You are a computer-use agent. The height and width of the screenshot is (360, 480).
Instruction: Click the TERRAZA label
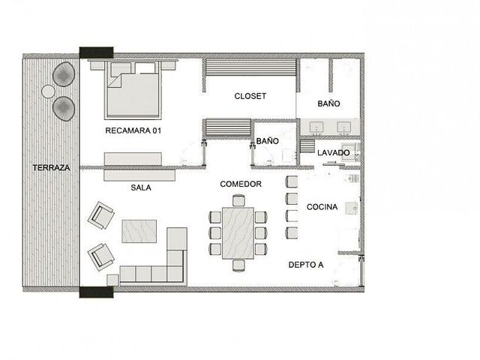click(x=51, y=168)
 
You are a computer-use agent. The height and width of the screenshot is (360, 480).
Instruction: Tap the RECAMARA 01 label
click(x=133, y=130)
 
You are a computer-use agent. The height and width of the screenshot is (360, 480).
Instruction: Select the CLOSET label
click(x=250, y=96)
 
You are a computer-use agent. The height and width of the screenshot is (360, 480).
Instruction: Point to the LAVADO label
click(x=333, y=153)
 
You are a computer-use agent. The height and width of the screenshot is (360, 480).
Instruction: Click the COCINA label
click(x=322, y=207)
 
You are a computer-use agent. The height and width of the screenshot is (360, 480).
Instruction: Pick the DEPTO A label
click(x=306, y=265)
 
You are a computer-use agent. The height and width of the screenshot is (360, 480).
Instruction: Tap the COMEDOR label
click(x=241, y=184)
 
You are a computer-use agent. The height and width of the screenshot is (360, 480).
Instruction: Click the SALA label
click(x=141, y=187)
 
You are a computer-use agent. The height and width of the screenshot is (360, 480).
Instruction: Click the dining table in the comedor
click(x=238, y=233)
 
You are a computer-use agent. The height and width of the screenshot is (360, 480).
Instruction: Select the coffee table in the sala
click(x=139, y=231)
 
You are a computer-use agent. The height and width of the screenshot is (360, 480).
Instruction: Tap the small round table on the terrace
click(x=48, y=91)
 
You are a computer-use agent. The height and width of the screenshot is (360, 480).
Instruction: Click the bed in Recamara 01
click(x=133, y=90)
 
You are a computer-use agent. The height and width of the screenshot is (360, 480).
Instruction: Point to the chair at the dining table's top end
click(x=238, y=200)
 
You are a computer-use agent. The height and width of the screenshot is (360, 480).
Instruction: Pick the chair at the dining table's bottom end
click(x=238, y=265)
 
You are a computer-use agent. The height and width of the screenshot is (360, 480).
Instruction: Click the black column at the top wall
click(x=97, y=52)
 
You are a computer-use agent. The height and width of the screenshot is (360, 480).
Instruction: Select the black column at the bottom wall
click(x=97, y=292)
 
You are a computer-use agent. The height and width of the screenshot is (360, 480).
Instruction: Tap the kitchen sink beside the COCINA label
click(x=352, y=208)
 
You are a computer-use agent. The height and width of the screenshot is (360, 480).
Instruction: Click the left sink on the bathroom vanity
click(x=316, y=127)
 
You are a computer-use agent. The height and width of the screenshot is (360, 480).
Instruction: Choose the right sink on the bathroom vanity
click(x=344, y=127)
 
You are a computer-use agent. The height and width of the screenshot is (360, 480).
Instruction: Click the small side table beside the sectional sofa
click(x=112, y=280)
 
